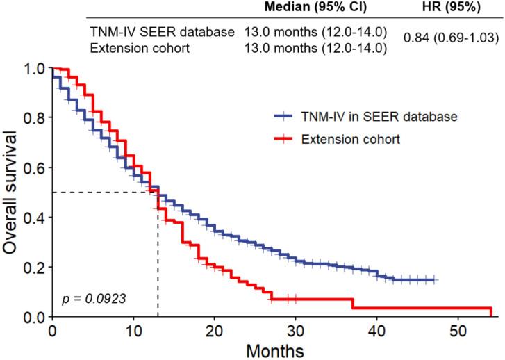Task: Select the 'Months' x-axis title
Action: click(272, 350)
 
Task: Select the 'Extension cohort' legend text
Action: click(351, 139)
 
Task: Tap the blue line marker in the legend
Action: click(284, 116)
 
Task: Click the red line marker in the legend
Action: click(284, 139)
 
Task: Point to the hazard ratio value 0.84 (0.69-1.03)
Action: click(452, 38)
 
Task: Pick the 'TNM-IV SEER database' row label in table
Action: click(162, 32)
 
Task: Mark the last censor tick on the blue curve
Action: click(434, 279)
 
